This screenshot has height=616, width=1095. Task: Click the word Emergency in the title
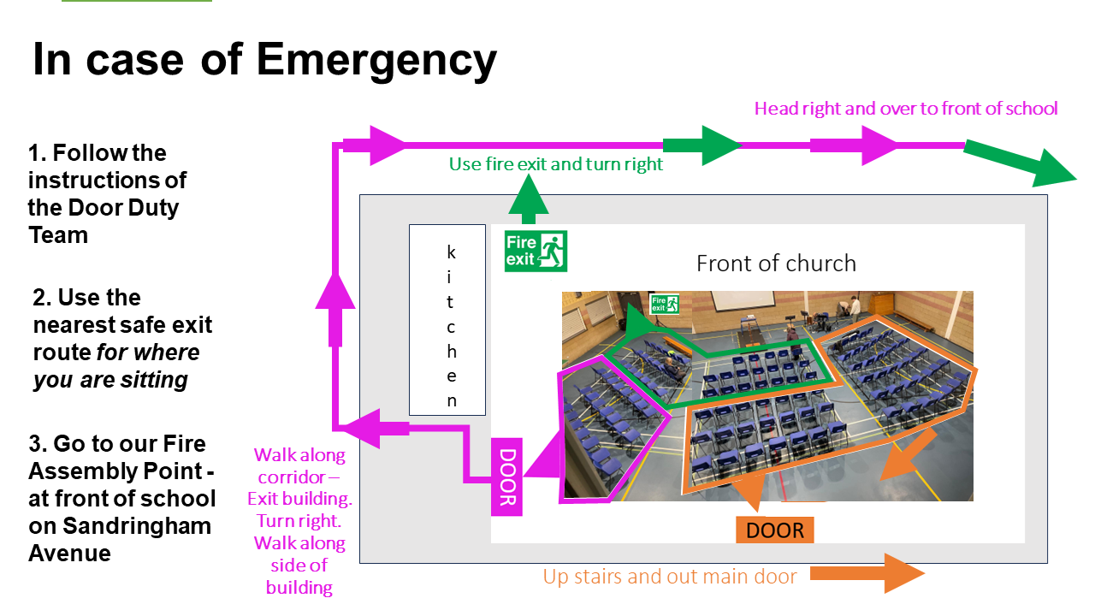tap(376, 60)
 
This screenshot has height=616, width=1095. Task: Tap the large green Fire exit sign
tap(536, 251)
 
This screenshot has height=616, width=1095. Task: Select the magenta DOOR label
tap(506, 477)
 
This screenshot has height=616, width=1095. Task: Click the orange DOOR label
tap(775, 530)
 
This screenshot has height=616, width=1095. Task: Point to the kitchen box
tap(447, 319)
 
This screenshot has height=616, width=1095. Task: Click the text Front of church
tap(776, 263)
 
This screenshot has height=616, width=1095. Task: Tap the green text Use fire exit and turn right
tap(556, 163)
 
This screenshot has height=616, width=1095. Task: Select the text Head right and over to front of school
tap(906, 108)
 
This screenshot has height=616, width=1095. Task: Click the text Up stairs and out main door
tap(670, 577)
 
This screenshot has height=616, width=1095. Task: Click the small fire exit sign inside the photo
tap(665, 304)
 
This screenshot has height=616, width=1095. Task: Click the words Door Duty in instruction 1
tap(119, 207)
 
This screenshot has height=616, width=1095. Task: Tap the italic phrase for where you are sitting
tap(116, 366)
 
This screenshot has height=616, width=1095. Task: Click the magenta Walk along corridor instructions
tap(299, 520)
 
